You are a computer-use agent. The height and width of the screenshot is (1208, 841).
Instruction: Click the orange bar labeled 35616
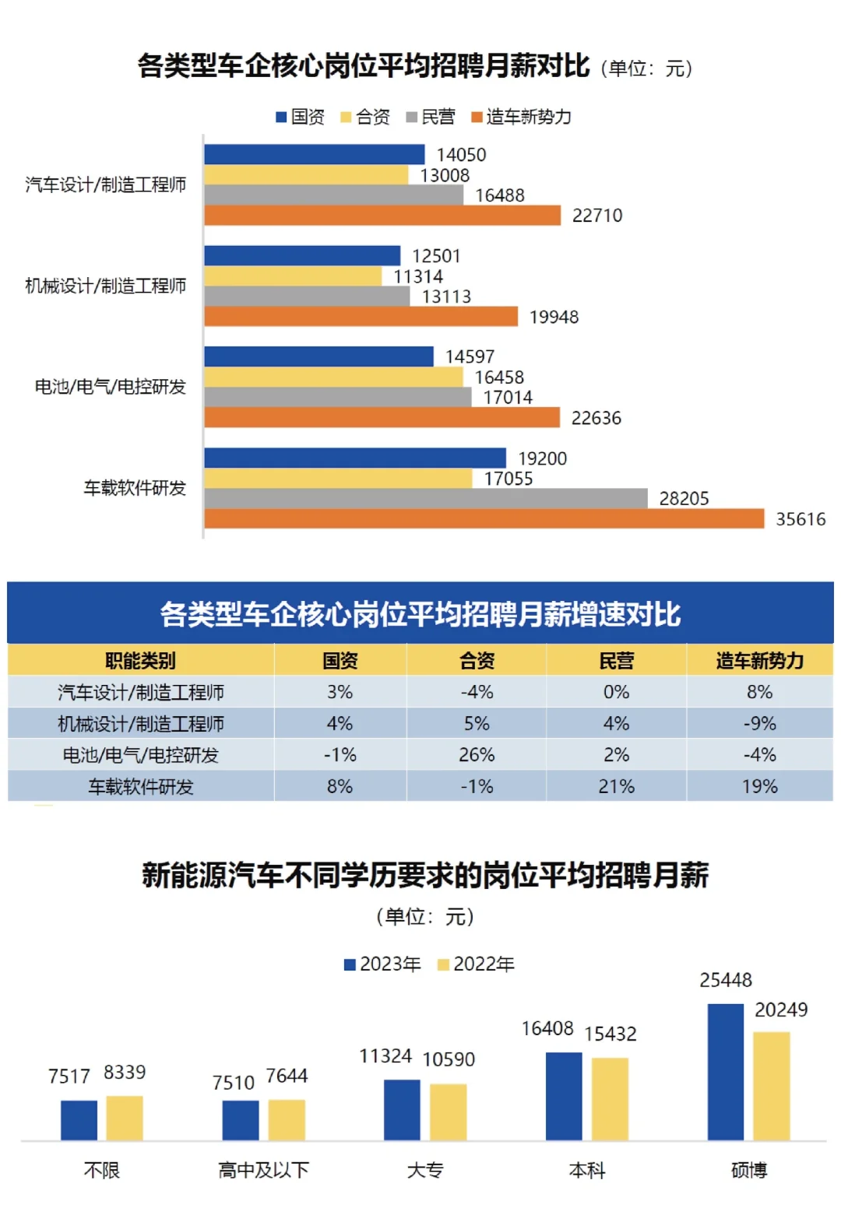click(484, 518)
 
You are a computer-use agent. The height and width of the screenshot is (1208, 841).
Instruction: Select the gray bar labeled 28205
click(425, 498)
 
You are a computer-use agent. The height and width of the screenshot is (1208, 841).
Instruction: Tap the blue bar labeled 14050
click(315, 154)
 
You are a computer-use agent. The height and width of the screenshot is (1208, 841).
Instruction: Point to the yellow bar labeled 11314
click(293, 276)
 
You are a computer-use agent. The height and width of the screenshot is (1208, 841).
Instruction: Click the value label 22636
click(596, 418)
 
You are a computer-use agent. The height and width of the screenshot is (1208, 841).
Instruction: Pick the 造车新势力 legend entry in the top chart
click(521, 117)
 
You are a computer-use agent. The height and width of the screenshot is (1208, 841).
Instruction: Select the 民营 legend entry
click(431, 117)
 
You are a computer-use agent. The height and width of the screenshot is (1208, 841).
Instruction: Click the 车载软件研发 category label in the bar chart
click(135, 488)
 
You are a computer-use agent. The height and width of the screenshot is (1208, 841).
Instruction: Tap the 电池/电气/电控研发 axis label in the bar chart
click(110, 387)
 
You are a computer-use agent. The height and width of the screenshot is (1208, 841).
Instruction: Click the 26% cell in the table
click(477, 754)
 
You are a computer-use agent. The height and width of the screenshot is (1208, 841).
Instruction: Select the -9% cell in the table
click(759, 723)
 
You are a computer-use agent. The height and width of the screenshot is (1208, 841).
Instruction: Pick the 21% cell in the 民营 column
click(616, 786)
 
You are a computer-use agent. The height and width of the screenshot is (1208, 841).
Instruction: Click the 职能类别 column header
click(140, 660)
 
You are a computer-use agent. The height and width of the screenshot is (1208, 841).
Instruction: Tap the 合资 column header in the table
click(477, 660)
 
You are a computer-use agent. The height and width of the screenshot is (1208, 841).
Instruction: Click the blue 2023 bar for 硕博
click(725, 1072)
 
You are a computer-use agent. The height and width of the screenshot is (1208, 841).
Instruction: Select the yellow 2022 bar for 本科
click(610, 1099)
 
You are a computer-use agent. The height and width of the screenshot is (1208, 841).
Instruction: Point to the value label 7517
click(69, 1076)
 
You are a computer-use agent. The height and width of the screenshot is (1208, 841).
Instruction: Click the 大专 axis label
click(425, 1170)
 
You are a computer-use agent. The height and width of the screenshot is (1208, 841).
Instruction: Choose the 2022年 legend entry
click(476, 964)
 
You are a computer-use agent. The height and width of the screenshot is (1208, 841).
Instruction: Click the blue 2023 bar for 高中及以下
click(240, 1120)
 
